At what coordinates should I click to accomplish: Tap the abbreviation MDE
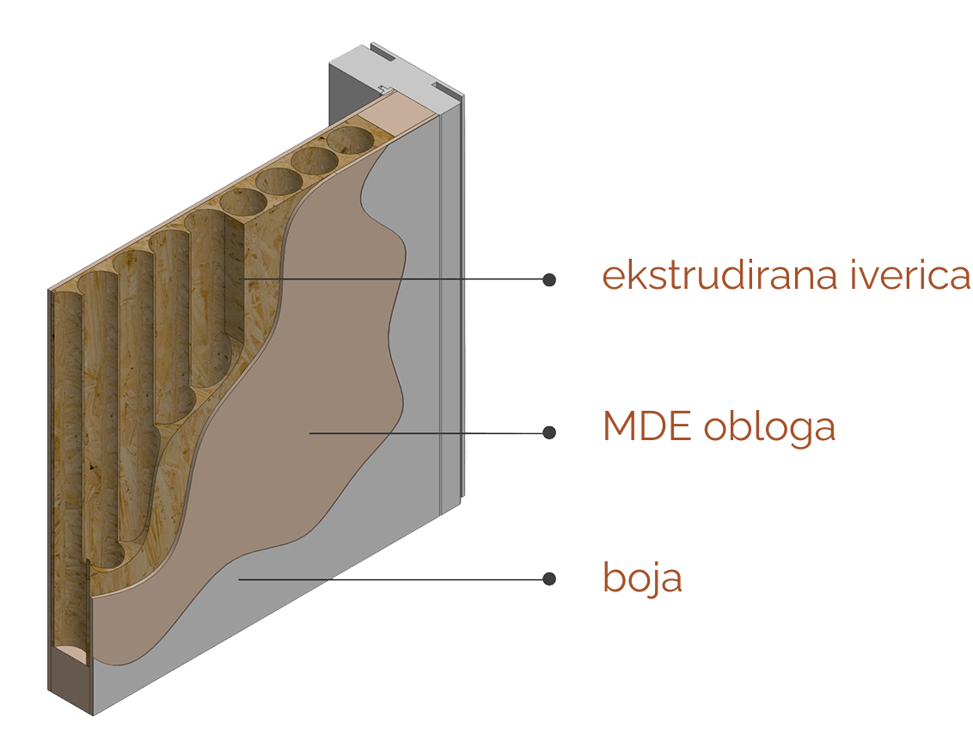(646, 426)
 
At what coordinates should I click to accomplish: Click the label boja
(642, 578)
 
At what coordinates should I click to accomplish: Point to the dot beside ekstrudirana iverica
(549, 279)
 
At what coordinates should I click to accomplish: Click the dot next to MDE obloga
(549, 432)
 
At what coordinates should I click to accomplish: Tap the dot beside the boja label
(549, 579)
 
